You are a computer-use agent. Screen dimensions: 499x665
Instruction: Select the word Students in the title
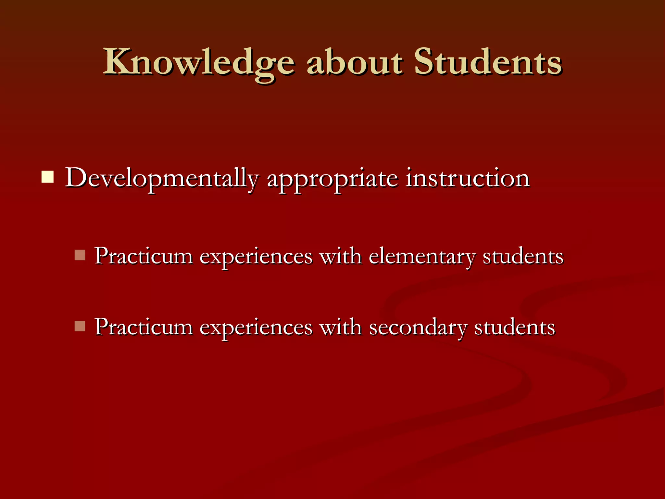click(487, 62)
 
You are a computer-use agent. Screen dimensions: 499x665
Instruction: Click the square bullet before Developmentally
click(47, 177)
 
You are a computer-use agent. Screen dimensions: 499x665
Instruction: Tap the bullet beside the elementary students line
click(80, 255)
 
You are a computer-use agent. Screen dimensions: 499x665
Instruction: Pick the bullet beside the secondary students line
click(80, 326)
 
